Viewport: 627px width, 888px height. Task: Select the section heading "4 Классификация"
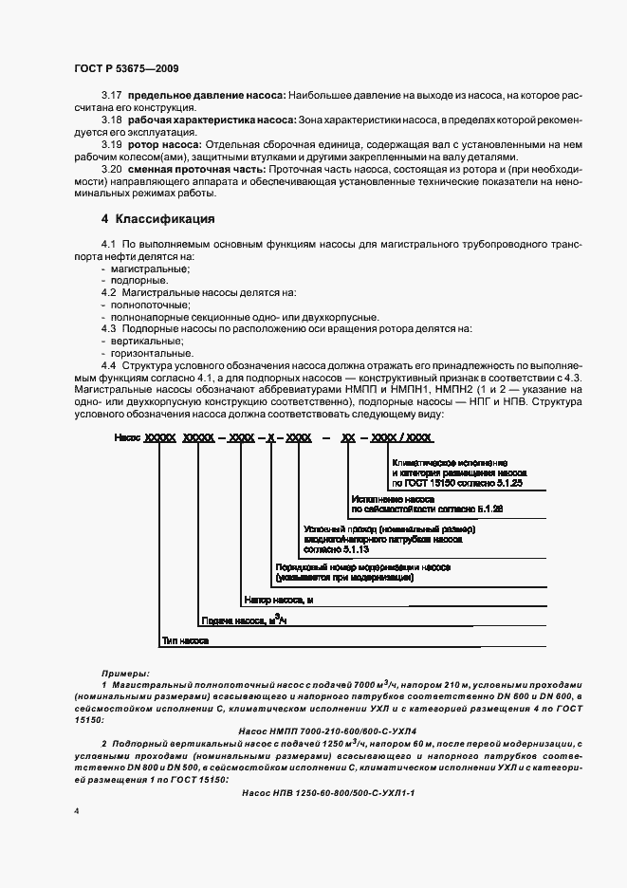pyautogui.click(x=157, y=219)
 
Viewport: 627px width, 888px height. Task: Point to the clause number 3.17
pyautogui.click(x=111, y=96)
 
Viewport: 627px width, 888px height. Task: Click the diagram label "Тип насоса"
pyautogui.click(x=184, y=641)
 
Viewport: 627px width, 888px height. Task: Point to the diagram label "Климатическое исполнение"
pyautogui.click(x=443, y=459)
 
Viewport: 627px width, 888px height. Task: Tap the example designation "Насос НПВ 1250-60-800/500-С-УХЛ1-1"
pyautogui.click(x=328, y=790)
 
